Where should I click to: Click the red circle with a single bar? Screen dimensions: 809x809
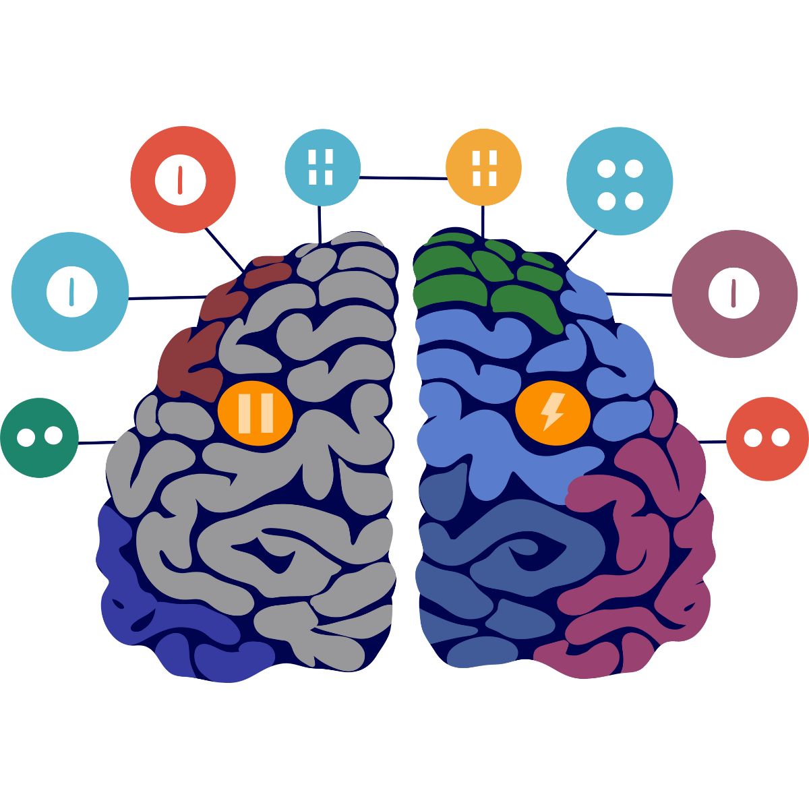183,179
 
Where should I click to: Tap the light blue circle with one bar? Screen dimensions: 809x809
70,291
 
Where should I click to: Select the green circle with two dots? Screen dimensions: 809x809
39,438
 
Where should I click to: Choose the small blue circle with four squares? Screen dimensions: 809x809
322,167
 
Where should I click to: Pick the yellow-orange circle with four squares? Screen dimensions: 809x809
484,167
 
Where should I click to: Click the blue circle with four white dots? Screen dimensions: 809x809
620,181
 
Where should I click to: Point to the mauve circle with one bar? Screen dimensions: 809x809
734,293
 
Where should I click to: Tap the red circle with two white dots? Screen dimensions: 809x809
767,438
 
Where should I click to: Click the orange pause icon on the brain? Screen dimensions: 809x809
256,412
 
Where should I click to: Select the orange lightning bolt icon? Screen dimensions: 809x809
553,412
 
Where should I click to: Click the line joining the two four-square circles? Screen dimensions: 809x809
403,178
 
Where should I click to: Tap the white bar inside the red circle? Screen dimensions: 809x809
180,180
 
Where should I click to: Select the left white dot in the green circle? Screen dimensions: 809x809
26,438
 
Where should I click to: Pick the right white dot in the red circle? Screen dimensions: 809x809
781,438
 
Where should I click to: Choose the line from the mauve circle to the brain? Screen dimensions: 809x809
640,294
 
